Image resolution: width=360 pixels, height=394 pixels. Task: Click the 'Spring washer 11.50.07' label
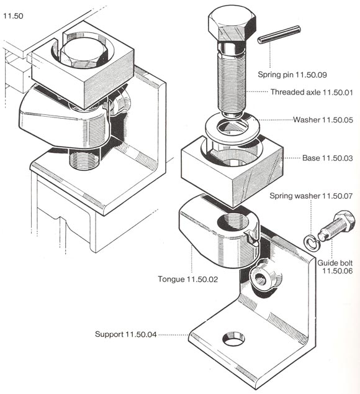coord(311,196)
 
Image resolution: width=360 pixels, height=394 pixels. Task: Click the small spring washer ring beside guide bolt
coord(308,240)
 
